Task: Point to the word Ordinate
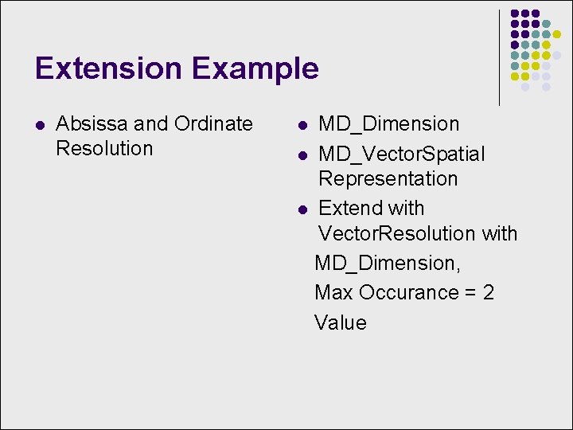tap(213, 124)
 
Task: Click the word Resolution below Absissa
tap(104, 148)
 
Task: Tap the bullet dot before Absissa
tap(40, 124)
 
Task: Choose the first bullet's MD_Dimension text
tap(388, 124)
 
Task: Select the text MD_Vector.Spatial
tap(401, 154)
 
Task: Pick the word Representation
tap(388, 178)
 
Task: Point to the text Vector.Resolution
tap(396, 233)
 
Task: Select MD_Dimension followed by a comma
tap(388, 263)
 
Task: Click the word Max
tap(333, 292)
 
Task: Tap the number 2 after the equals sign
tap(488, 292)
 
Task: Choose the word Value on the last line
tap(340, 322)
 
